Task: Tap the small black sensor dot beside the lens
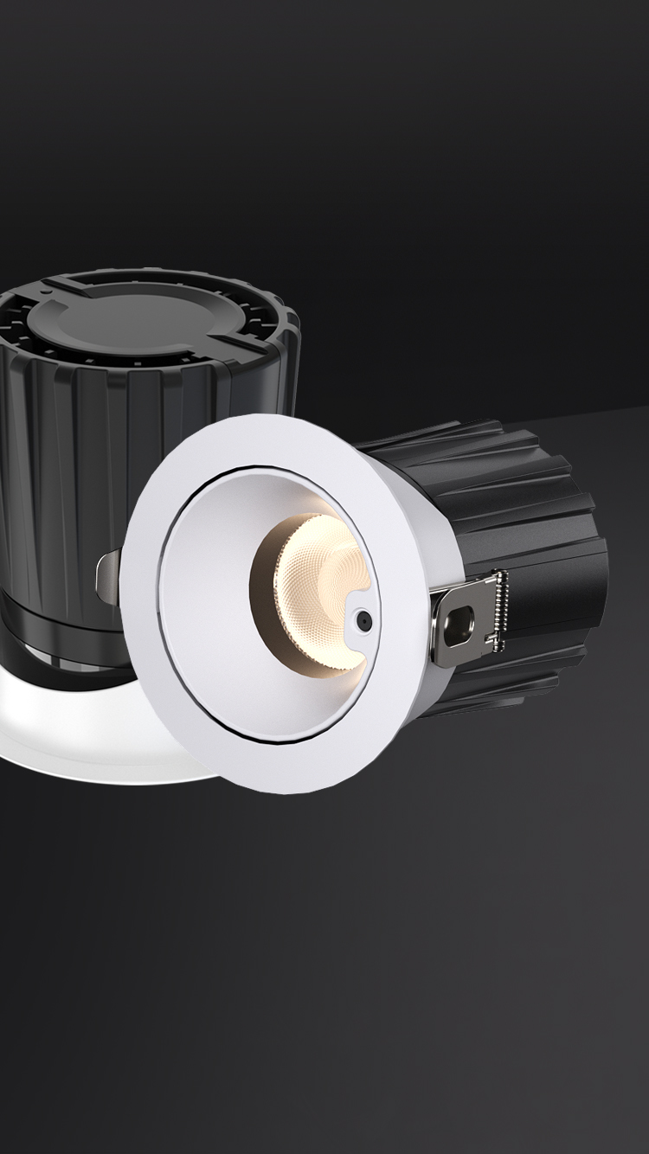coord(363,619)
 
